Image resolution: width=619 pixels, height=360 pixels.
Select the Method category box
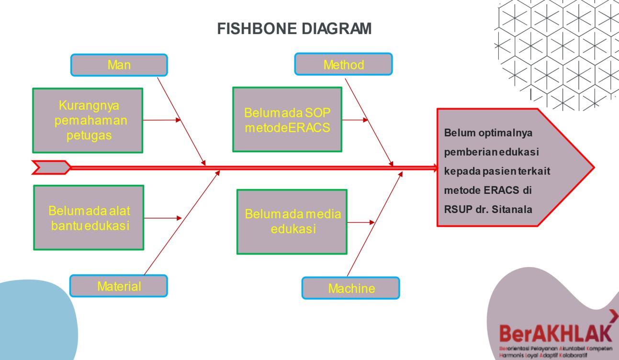(x=343, y=64)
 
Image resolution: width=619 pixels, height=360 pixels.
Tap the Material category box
(x=119, y=286)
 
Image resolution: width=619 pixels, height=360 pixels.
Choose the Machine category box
(x=350, y=288)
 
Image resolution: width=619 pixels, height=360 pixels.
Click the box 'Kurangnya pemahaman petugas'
(x=88, y=120)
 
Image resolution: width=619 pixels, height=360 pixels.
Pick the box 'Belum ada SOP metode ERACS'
(x=287, y=120)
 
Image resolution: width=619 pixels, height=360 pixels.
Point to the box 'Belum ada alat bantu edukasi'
(x=88, y=217)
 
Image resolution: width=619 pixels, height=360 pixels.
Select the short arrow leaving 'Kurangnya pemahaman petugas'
(x=162, y=121)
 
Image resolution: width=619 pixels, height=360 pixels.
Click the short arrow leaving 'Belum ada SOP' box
(x=355, y=120)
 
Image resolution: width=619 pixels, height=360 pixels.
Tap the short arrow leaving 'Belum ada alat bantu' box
(x=162, y=218)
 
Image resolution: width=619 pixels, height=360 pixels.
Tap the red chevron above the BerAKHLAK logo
(x=613, y=316)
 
